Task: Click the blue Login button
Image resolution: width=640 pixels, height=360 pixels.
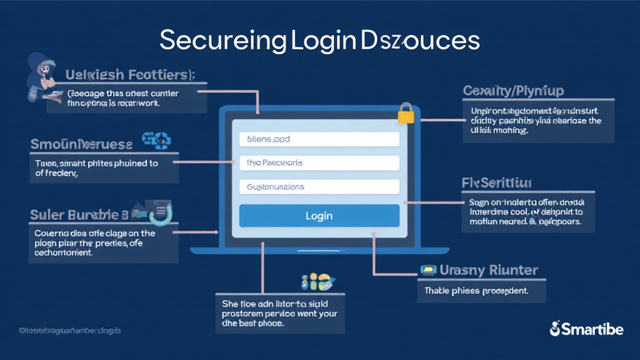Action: (319, 216)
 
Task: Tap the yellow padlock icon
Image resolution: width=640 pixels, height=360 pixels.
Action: (406, 113)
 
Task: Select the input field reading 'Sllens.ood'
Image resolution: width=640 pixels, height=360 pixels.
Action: (319, 139)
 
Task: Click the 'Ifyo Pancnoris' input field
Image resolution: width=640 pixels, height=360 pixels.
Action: (319, 163)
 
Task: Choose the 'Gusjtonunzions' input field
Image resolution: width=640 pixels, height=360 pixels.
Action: (319, 187)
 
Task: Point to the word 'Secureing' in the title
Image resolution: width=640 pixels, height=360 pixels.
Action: (222, 41)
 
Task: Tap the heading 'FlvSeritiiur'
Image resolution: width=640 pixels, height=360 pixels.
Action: (497, 183)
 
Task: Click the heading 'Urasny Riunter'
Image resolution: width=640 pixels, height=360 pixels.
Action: (489, 270)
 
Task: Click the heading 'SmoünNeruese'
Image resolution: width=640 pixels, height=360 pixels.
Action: (81, 144)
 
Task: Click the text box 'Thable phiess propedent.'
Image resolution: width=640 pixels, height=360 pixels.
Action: (481, 291)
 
